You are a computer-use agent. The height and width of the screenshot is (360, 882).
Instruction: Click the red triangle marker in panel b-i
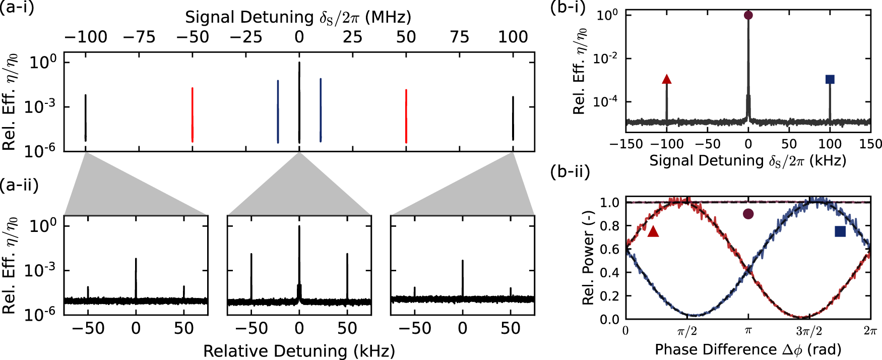[667, 79]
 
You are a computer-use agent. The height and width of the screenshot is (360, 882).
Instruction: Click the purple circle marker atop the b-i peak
[748, 15]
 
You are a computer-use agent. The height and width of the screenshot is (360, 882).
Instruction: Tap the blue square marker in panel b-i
[830, 79]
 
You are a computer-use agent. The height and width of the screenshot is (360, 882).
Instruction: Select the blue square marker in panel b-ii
[840, 231]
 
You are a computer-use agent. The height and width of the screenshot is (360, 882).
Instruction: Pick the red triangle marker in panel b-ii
[653, 231]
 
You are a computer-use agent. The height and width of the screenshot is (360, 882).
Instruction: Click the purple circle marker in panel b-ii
[748, 214]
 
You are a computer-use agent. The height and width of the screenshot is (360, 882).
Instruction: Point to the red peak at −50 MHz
[193, 115]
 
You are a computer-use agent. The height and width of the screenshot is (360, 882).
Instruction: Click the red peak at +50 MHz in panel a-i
[406, 116]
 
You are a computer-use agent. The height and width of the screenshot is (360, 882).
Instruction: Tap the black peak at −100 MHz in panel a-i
[86, 117]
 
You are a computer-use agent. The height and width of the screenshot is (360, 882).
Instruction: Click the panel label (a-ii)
[19, 185]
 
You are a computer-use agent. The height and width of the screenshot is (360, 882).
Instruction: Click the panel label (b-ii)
[570, 172]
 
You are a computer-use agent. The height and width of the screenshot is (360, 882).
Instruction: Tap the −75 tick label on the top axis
[139, 37]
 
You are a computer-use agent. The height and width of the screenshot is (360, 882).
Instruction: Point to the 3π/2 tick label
[809, 331]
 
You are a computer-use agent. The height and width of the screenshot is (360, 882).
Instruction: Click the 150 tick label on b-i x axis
[870, 144]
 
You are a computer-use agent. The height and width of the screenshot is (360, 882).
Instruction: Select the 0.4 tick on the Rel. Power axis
[609, 273]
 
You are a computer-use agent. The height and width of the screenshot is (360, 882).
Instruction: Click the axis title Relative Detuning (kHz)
[299, 351]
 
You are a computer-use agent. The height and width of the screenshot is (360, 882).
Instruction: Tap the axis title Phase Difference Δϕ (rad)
[748, 349]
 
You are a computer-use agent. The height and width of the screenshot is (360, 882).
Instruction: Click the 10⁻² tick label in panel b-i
[605, 58]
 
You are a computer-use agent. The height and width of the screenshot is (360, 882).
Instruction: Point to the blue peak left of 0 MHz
[278, 111]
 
